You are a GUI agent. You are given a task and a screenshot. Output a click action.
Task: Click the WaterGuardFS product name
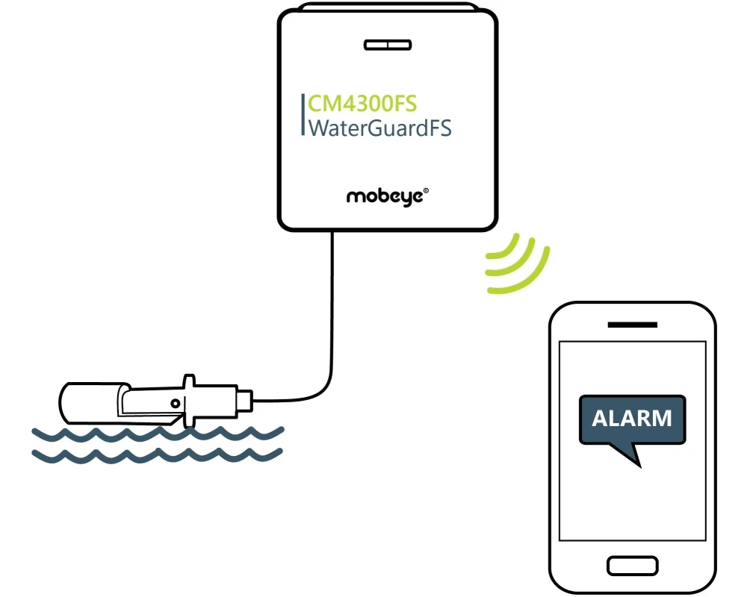point(379,128)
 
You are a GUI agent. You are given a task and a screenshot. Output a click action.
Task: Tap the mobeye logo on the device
point(384,197)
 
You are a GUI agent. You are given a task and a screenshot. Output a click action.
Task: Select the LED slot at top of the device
point(387,45)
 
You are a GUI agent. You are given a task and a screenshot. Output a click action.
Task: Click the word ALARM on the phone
point(632,418)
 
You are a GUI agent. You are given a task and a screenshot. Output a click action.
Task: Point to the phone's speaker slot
point(632,325)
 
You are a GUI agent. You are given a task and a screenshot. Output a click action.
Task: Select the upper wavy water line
point(157,433)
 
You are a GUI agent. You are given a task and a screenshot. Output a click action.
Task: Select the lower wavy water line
point(157,454)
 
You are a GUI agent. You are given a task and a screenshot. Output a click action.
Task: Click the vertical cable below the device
point(331,298)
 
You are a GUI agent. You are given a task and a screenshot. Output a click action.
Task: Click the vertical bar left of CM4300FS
point(302,116)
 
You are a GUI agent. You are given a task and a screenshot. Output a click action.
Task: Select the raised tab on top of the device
point(387,8)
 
